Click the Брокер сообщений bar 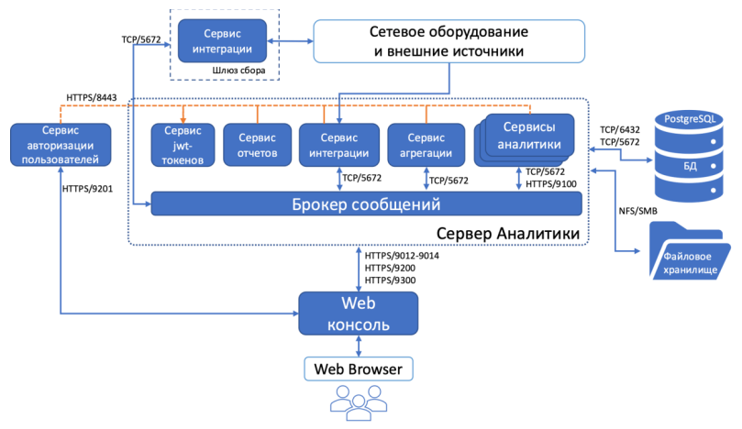pyautogui.click(x=366, y=203)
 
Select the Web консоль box pyautogui.click(x=358, y=314)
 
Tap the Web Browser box pyautogui.click(x=358, y=368)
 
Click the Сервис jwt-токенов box pyautogui.click(x=183, y=146)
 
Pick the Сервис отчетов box pyautogui.click(x=257, y=146)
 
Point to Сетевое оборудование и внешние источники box pyautogui.click(x=449, y=41)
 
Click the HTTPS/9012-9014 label pyautogui.click(x=402, y=256)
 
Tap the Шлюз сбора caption pyautogui.click(x=227, y=71)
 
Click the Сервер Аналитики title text pyautogui.click(x=507, y=234)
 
